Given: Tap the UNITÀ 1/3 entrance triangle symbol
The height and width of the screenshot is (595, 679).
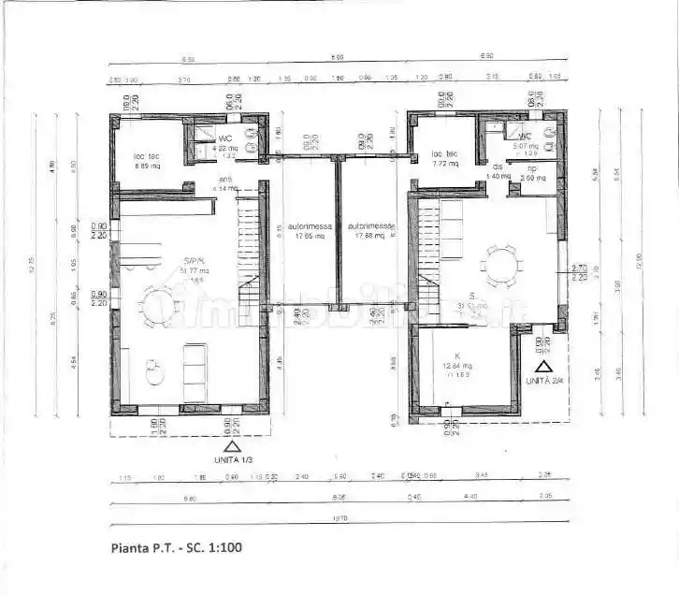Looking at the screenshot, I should [232, 445].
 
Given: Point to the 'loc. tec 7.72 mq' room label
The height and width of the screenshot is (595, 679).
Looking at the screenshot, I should [443, 158].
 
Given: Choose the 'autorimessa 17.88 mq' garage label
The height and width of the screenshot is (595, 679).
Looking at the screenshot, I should [368, 231].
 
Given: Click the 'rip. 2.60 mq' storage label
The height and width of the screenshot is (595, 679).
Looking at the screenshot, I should [533, 173].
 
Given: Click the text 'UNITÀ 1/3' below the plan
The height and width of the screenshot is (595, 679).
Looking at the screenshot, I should [232, 459].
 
